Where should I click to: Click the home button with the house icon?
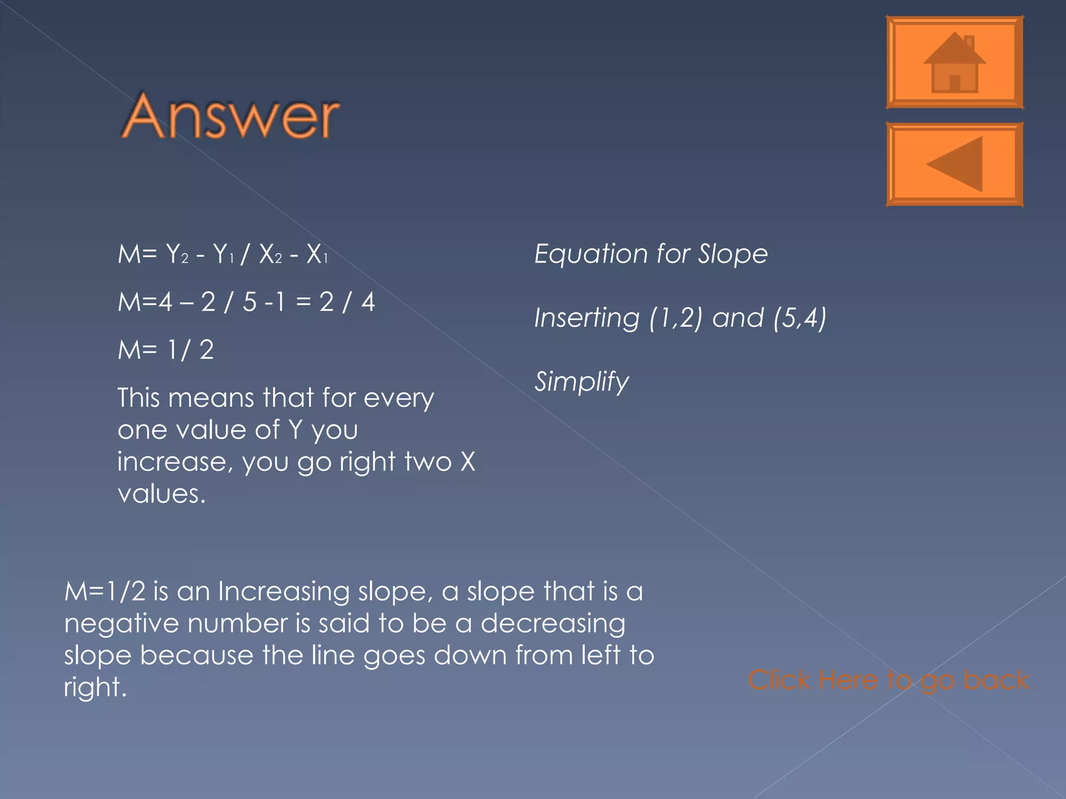click(x=954, y=62)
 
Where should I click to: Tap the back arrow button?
click(x=954, y=164)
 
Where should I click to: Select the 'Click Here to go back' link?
click(x=888, y=680)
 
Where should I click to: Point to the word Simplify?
click(x=581, y=382)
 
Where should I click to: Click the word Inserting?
click(x=586, y=318)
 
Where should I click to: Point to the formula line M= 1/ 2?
click(x=166, y=350)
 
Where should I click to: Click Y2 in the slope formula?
click(x=177, y=254)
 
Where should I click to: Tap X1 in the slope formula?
click(x=317, y=254)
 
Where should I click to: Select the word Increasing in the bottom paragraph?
click(x=283, y=591)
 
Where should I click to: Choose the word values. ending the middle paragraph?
click(x=161, y=494)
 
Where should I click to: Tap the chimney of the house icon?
click(x=969, y=41)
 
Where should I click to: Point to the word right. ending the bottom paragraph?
click(x=95, y=687)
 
